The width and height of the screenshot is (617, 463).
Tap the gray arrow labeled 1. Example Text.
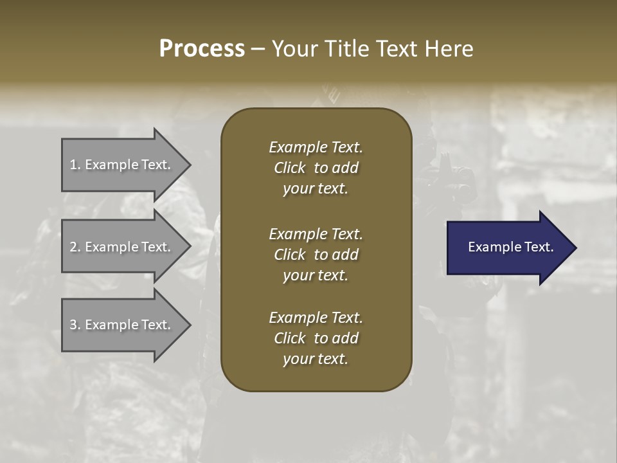coord(122,165)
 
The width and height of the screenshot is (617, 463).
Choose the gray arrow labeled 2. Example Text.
coord(122,247)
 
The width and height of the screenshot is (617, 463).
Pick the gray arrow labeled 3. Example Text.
coord(122,325)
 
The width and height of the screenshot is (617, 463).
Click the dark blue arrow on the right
coord(508,247)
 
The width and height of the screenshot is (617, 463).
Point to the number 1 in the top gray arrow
coord(73,165)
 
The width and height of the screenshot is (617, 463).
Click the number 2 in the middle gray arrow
coord(73,247)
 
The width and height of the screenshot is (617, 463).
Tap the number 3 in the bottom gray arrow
coord(73,325)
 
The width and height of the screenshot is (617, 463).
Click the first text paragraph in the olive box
coord(316,168)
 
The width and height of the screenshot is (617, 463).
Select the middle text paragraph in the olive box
coord(316,254)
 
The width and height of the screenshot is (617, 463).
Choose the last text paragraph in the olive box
coord(316,338)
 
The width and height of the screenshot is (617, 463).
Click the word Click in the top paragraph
coord(289,168)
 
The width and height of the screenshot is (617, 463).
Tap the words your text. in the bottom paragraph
coord(316,359)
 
